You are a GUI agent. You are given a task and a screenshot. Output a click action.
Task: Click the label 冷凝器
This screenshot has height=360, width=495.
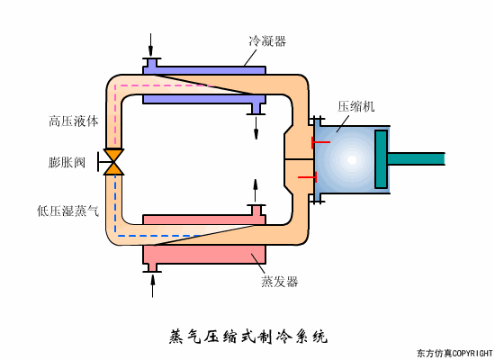[x=267, y=41]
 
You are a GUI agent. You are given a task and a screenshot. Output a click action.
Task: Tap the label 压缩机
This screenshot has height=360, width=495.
[x=356, y=106]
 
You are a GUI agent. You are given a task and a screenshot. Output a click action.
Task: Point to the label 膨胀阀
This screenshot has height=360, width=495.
[x=67, y=164]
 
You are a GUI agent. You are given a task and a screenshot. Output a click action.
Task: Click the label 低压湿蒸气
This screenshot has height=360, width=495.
[x=67, y=211]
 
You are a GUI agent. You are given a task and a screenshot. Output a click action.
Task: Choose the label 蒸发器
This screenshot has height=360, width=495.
[x=280, y=281]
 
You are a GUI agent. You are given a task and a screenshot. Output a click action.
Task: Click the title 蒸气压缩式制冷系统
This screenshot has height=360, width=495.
[x=248, y=337]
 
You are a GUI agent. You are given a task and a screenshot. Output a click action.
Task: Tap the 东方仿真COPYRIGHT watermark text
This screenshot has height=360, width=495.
[x=454, y=353]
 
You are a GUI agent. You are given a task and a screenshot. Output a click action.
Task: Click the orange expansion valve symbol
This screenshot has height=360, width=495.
[x=114, y=162]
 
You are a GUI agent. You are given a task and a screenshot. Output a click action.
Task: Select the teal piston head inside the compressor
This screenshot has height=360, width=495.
[x=381, y=159]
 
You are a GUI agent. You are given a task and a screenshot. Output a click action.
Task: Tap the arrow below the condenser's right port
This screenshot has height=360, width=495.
[x=256, y=128]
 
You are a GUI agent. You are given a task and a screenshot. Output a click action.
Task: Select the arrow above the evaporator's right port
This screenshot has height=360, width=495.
[x=256, y=190]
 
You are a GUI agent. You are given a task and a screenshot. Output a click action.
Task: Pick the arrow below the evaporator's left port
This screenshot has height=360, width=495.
[x=152, y=284]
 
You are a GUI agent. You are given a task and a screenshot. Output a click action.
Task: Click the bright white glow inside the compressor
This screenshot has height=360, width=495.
[x=352, y=159]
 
